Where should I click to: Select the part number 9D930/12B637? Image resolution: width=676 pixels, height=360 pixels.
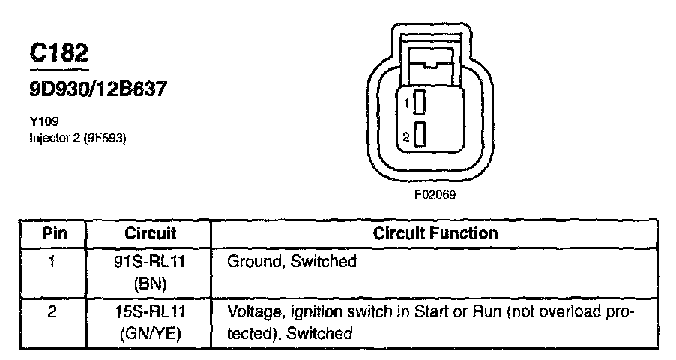click(x=97, y=90)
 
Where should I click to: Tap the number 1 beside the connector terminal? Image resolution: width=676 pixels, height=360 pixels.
click(x=405, y=101)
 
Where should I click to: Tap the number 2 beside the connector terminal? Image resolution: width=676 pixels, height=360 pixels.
click(x=405, y=137)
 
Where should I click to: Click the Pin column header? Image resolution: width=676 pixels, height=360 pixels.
click(x=54, y=232)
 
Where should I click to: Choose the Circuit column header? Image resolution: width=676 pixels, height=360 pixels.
click(x=150, y=232)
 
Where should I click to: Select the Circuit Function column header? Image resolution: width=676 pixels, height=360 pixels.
click(x=435, y=232)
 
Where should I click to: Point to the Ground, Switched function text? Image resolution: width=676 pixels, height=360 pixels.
click(x=291, y=262)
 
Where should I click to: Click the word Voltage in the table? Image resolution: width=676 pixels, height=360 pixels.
click(x=252, y=311)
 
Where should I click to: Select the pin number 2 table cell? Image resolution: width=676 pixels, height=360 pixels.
click(x=52, y=311)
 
